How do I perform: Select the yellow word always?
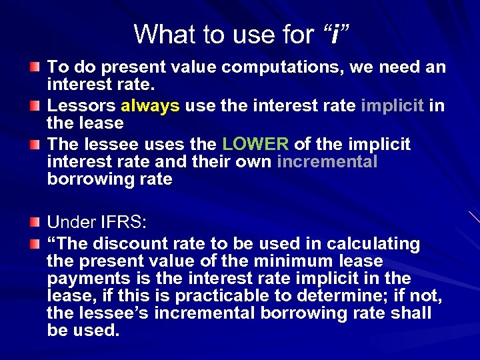pyautogui.click(x=150, y=105)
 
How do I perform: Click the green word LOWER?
pyautogui.click(x=255, y=144)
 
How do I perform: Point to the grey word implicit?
pyautogui.click(x=393, y=105)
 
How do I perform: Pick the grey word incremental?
pyautogui.click(x=327, y=161)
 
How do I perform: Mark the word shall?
pyautogui.click(x=413, y=313)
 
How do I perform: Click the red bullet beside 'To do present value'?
pyautogui.click(x=34, y=67)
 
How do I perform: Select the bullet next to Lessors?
pyautogui.click(x=34, y=106)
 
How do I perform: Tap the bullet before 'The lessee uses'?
pyautogui.click(x=34, y=145)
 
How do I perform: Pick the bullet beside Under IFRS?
pyautogui.click(x=34, y=222)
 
